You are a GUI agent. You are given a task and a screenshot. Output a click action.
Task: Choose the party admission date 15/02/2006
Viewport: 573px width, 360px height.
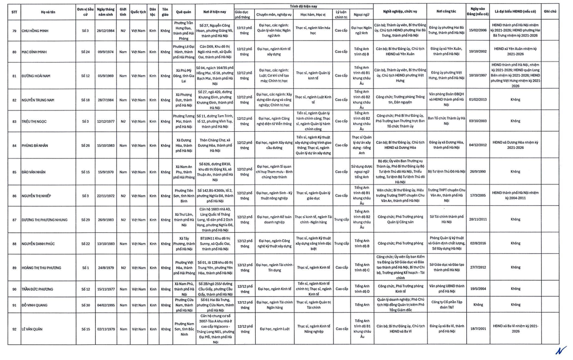pyautogui.click(x=477, y=31)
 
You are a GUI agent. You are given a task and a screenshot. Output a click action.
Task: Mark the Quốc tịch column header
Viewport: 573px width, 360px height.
pyautogui.click(x=138, y=10)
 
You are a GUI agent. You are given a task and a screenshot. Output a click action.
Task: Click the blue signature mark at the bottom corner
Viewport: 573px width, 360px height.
pyautogui.click(x=560, y=350)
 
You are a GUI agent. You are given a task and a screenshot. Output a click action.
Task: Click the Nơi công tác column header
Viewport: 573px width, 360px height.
pyautogui.click(x=445, y=10)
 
